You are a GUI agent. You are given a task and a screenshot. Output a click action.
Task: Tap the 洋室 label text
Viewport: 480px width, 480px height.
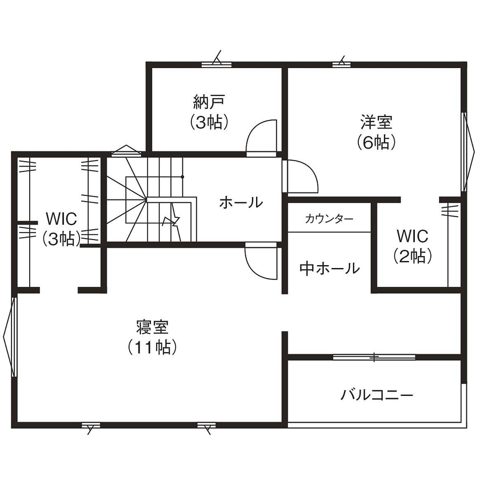click(x=375, y=122)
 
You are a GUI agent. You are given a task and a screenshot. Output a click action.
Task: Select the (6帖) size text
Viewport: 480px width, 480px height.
click(x=375, y=142)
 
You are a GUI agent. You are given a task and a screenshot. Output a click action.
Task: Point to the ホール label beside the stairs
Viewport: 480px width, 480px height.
click(x=241, y=202)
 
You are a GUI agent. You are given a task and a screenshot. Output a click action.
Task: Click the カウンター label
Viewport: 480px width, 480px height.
click(x=329, y=219)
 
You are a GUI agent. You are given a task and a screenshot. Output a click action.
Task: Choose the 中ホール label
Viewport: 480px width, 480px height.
click(x=329, y=268)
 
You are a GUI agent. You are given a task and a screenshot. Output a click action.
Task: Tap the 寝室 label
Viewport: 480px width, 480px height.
click(x=152, y=327)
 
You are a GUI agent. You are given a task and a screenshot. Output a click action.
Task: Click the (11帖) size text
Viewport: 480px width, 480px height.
click(x=152, y=347)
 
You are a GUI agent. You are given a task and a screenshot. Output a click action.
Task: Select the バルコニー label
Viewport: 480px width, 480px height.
click(x=377, y=395)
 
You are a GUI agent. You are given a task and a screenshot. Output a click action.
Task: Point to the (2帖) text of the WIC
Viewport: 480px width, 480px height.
click(x=413, y=256)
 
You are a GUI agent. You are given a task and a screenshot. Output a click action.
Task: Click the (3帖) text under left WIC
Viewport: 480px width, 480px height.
click(x=61, y=239)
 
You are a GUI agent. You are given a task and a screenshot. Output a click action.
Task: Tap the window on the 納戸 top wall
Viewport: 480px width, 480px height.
click(x=217, y=63)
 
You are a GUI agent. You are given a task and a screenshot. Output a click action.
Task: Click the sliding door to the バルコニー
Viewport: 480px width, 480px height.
click(x=374, y=357)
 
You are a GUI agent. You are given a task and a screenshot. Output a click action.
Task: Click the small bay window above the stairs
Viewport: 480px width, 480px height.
click(x=126, y=151)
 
